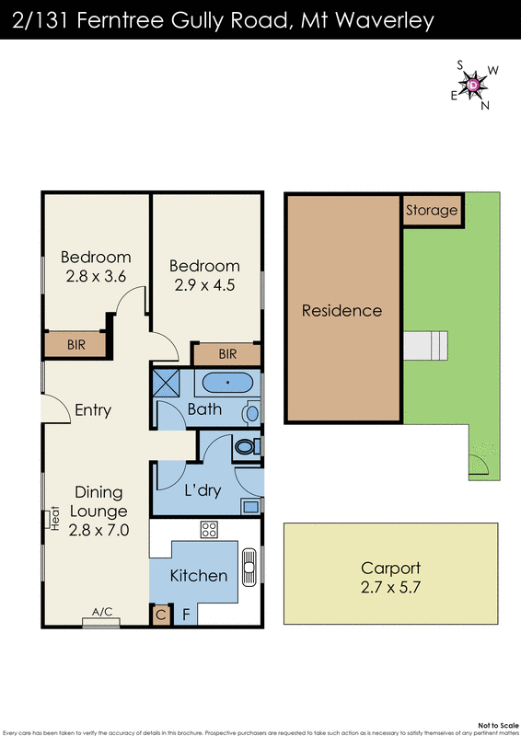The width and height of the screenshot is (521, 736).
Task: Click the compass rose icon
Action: tap(473, 85)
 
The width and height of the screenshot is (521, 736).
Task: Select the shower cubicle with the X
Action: tap(167, 381)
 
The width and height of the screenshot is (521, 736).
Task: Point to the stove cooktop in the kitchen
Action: tap(209, 530)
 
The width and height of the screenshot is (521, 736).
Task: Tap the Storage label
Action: tap(432, 210)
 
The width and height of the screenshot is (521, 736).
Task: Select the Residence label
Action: tap(342, 310)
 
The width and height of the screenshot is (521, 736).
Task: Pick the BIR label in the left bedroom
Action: tap(77, 345)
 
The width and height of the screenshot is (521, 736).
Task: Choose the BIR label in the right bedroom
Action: tap(227, 354)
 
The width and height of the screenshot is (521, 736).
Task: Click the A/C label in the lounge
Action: tap(102, 611)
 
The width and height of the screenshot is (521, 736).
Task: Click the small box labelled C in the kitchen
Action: tap(160, 615)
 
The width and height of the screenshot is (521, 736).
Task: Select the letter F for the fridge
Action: tap(185, 615)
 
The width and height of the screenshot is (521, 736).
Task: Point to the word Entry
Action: tap(93, 410)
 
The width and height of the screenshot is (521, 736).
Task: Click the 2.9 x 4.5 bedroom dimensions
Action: tap(204, 285)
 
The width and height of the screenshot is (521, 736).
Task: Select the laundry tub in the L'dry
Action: tap(249, 504)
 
